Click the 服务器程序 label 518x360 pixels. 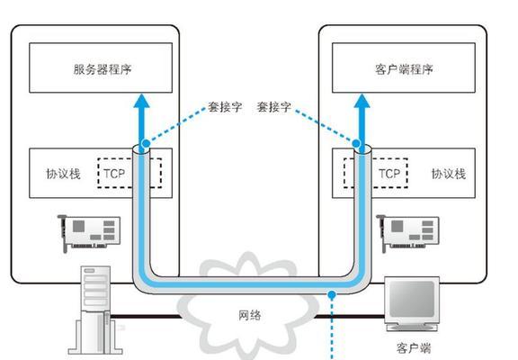pyautogui.click(x=103, y=69)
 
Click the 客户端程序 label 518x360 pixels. pyautogui.click(x=404, y=69)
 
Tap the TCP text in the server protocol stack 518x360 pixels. pyautogui.click(x=114, y=174)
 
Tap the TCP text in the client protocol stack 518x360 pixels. pyautogui.click(x=389, y=174)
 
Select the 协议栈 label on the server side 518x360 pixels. pyautogui.click(x=63, y=174)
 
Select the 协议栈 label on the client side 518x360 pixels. pyautogui.click(x=449, y=174)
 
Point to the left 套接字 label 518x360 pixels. pyautogui.click(x=225, y=107)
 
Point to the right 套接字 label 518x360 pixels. pyautogui.click(x=274, y=107)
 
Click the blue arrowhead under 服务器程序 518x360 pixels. pyautogui.click(x=142, y=101)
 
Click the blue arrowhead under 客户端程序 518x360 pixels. pyautogui.click(x=362, y=101)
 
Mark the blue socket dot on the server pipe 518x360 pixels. pyautogui.click(x=146, y=143)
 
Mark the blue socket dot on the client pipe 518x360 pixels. pyautogui.click(x=356, y=143)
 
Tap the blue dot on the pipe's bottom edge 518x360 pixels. pyautogui.click(x=332, y=294)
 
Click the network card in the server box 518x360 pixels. pyautogui.click(x=89, y=233)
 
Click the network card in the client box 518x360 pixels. pyautogui.click(x=408, y=233)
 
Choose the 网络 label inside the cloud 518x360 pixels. pyautogui.click(x=250, y=315)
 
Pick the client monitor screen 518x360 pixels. pyautogui.click(x=412, y=299)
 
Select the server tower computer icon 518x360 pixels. pyautogui.click(x=95, y=310)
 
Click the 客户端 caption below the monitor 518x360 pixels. pyautogui.click(x=414, y=348)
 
